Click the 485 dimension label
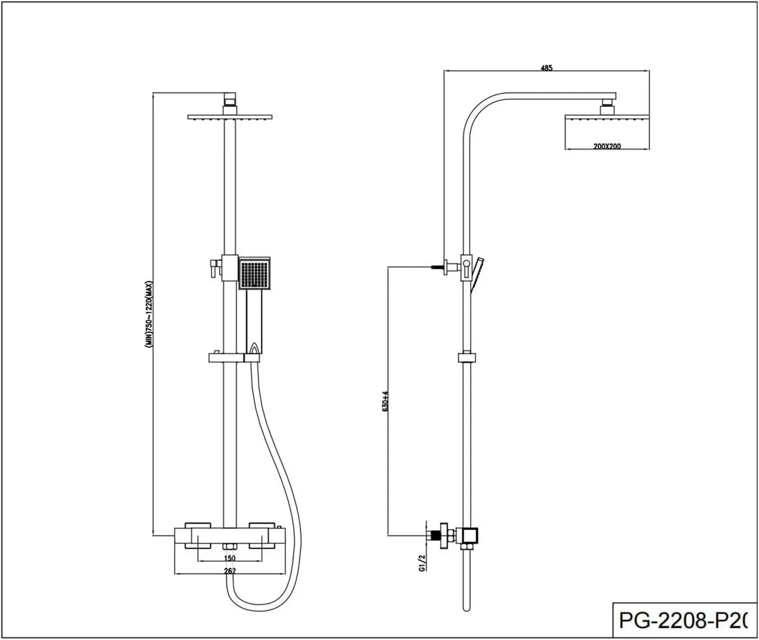pyautogui.click(x=547, y=68)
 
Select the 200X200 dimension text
pyautogui.click(x=607, y=146)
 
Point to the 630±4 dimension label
pyautogui.click(x=385, y=401)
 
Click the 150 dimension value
pyautogui.click(x=230, y=558)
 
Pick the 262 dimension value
pyautogui.click(x=230, y=571)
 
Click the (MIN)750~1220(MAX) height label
pyautogui.click(x=149, y=314)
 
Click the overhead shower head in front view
pyautogui.click(x=230, y=117)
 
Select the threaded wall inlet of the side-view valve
pyautogui.click(x=434, y=536)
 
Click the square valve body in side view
pyautogui.click(x=470, y=536)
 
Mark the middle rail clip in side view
pyautogui.click(x=466, y=357)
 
